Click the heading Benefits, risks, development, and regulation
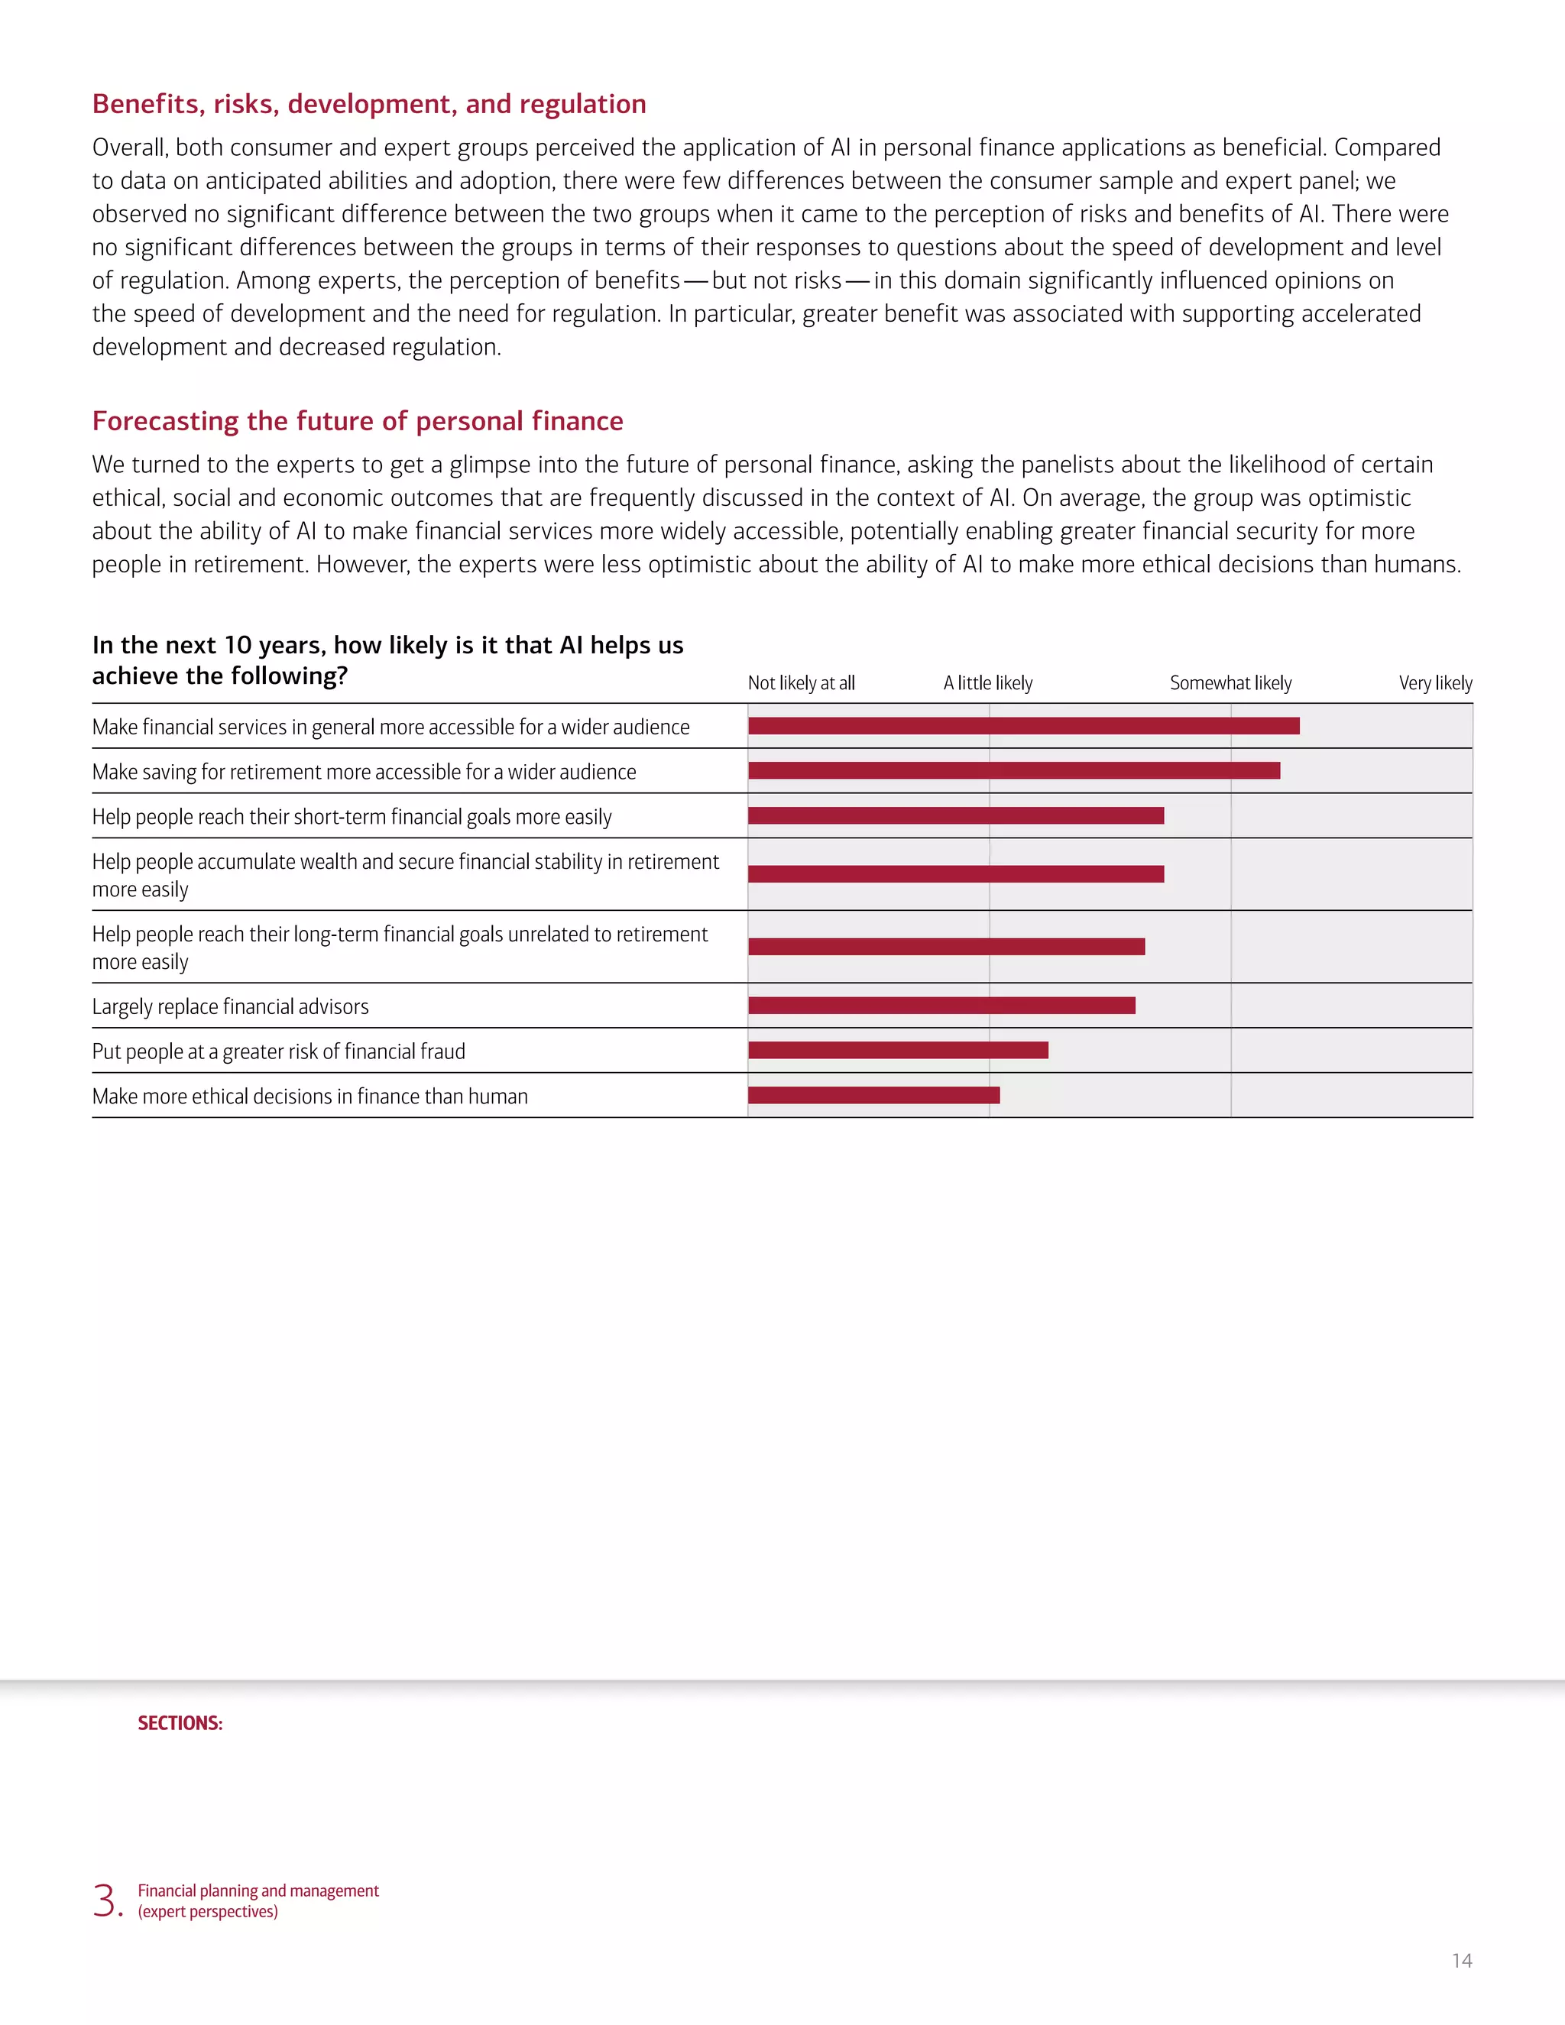369,104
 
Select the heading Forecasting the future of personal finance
357,421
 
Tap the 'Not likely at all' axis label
801,683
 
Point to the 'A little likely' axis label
987,683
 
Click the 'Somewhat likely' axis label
1230,683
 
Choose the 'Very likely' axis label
1435,683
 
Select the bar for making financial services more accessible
1023,726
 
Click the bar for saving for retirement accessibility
1013,770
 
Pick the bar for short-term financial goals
956,816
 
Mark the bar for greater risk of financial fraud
897,1051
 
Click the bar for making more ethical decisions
873,1096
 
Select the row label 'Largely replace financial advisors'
230,1007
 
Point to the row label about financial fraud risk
278,1051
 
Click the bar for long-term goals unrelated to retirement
946,947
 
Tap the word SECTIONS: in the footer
180,1724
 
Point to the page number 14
1461,1961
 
